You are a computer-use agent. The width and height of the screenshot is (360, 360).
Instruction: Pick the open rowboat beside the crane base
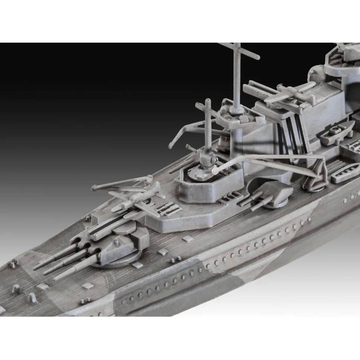pos(345,173)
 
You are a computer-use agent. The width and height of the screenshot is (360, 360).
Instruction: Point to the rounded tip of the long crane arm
pos(215,170)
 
